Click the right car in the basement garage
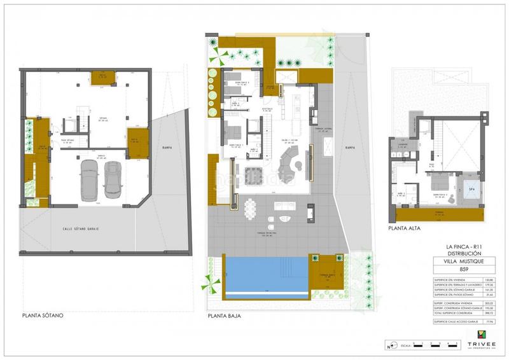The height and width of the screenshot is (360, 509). pyautogui.click(x=112, y=179)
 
